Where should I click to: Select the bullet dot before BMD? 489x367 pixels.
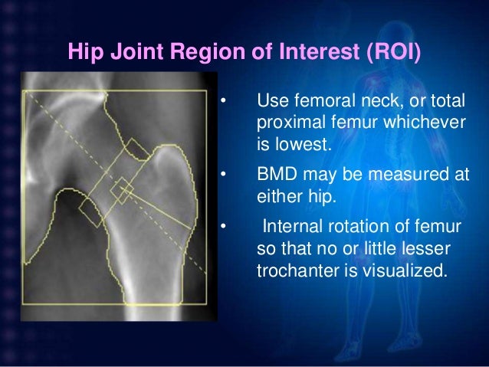[x=223, y=175]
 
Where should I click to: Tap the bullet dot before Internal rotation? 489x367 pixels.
[x=223, y=227]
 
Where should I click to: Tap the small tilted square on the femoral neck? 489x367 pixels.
[x=121, y=191]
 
